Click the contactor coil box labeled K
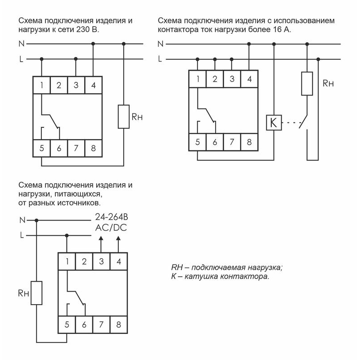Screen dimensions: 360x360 point(274,122)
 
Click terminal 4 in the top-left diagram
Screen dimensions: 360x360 point(93,85)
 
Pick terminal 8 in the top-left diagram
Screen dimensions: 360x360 point(93,148)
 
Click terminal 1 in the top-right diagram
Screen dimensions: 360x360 point(198,79)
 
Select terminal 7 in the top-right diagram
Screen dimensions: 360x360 point(232,143)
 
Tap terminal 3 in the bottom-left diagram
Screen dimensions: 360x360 point(101,261)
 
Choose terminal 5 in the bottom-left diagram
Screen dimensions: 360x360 point(67,324)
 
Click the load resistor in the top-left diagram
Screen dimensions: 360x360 point(123,117)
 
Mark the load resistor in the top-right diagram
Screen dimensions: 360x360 point(307,83)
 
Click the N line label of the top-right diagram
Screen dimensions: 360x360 point(161,44)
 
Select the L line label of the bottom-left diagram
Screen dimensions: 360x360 point(21,235)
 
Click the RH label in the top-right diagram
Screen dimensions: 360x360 point(329,84)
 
